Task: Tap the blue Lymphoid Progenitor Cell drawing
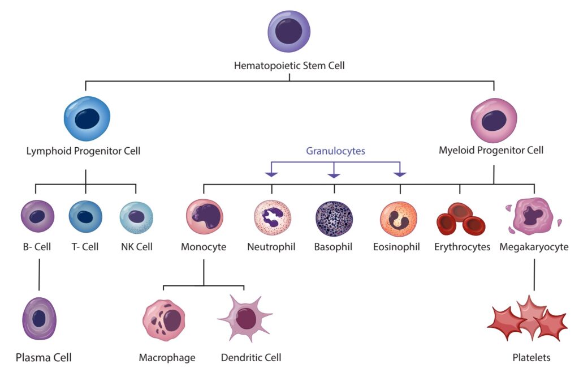[87, 118]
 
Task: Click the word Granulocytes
[336, 151]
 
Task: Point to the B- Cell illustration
[37, 217]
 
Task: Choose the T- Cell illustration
[85, 217]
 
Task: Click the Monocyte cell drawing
[204, 216]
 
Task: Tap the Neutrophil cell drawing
[271, 218]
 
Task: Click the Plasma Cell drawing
[39, 318]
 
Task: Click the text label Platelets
[531, 358]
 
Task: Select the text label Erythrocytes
[462, 247]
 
